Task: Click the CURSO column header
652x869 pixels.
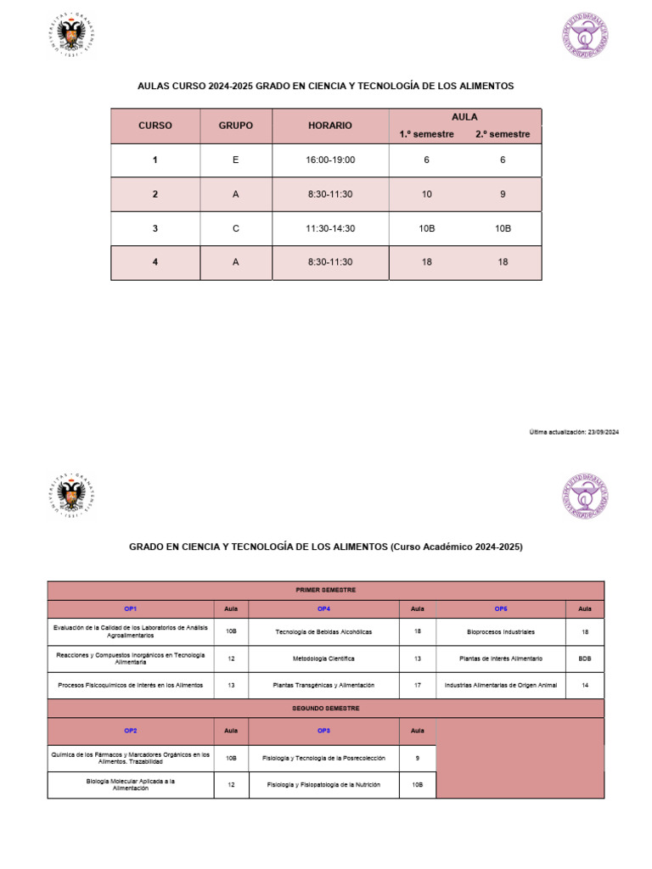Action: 155,126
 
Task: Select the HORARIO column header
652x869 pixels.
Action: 330,126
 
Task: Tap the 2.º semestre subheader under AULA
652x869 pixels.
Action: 503,134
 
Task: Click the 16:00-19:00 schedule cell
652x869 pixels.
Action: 330,160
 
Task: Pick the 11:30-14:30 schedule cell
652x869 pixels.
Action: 330,228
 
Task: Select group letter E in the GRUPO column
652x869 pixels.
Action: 235,160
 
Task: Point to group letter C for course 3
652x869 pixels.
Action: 235,228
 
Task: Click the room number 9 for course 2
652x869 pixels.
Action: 503,194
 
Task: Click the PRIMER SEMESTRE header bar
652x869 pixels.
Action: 325,590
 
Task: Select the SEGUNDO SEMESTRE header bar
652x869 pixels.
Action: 325,708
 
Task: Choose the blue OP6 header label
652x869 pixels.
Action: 501,609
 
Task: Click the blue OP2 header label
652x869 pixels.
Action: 131,730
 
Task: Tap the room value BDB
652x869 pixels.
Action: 584,659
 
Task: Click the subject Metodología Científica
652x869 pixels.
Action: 323,659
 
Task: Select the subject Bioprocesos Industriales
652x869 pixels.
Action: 501,632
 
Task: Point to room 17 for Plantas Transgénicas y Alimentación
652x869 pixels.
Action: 417,685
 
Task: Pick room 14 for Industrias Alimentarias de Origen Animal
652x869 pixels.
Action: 584,685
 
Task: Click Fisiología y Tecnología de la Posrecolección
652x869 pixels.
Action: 323,758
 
